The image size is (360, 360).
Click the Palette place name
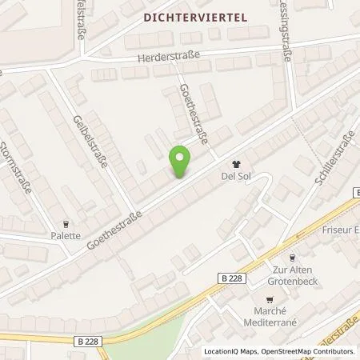tap(67, 236)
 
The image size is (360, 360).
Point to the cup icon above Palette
tap(67, 223)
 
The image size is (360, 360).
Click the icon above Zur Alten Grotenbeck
tap(293, 258)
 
